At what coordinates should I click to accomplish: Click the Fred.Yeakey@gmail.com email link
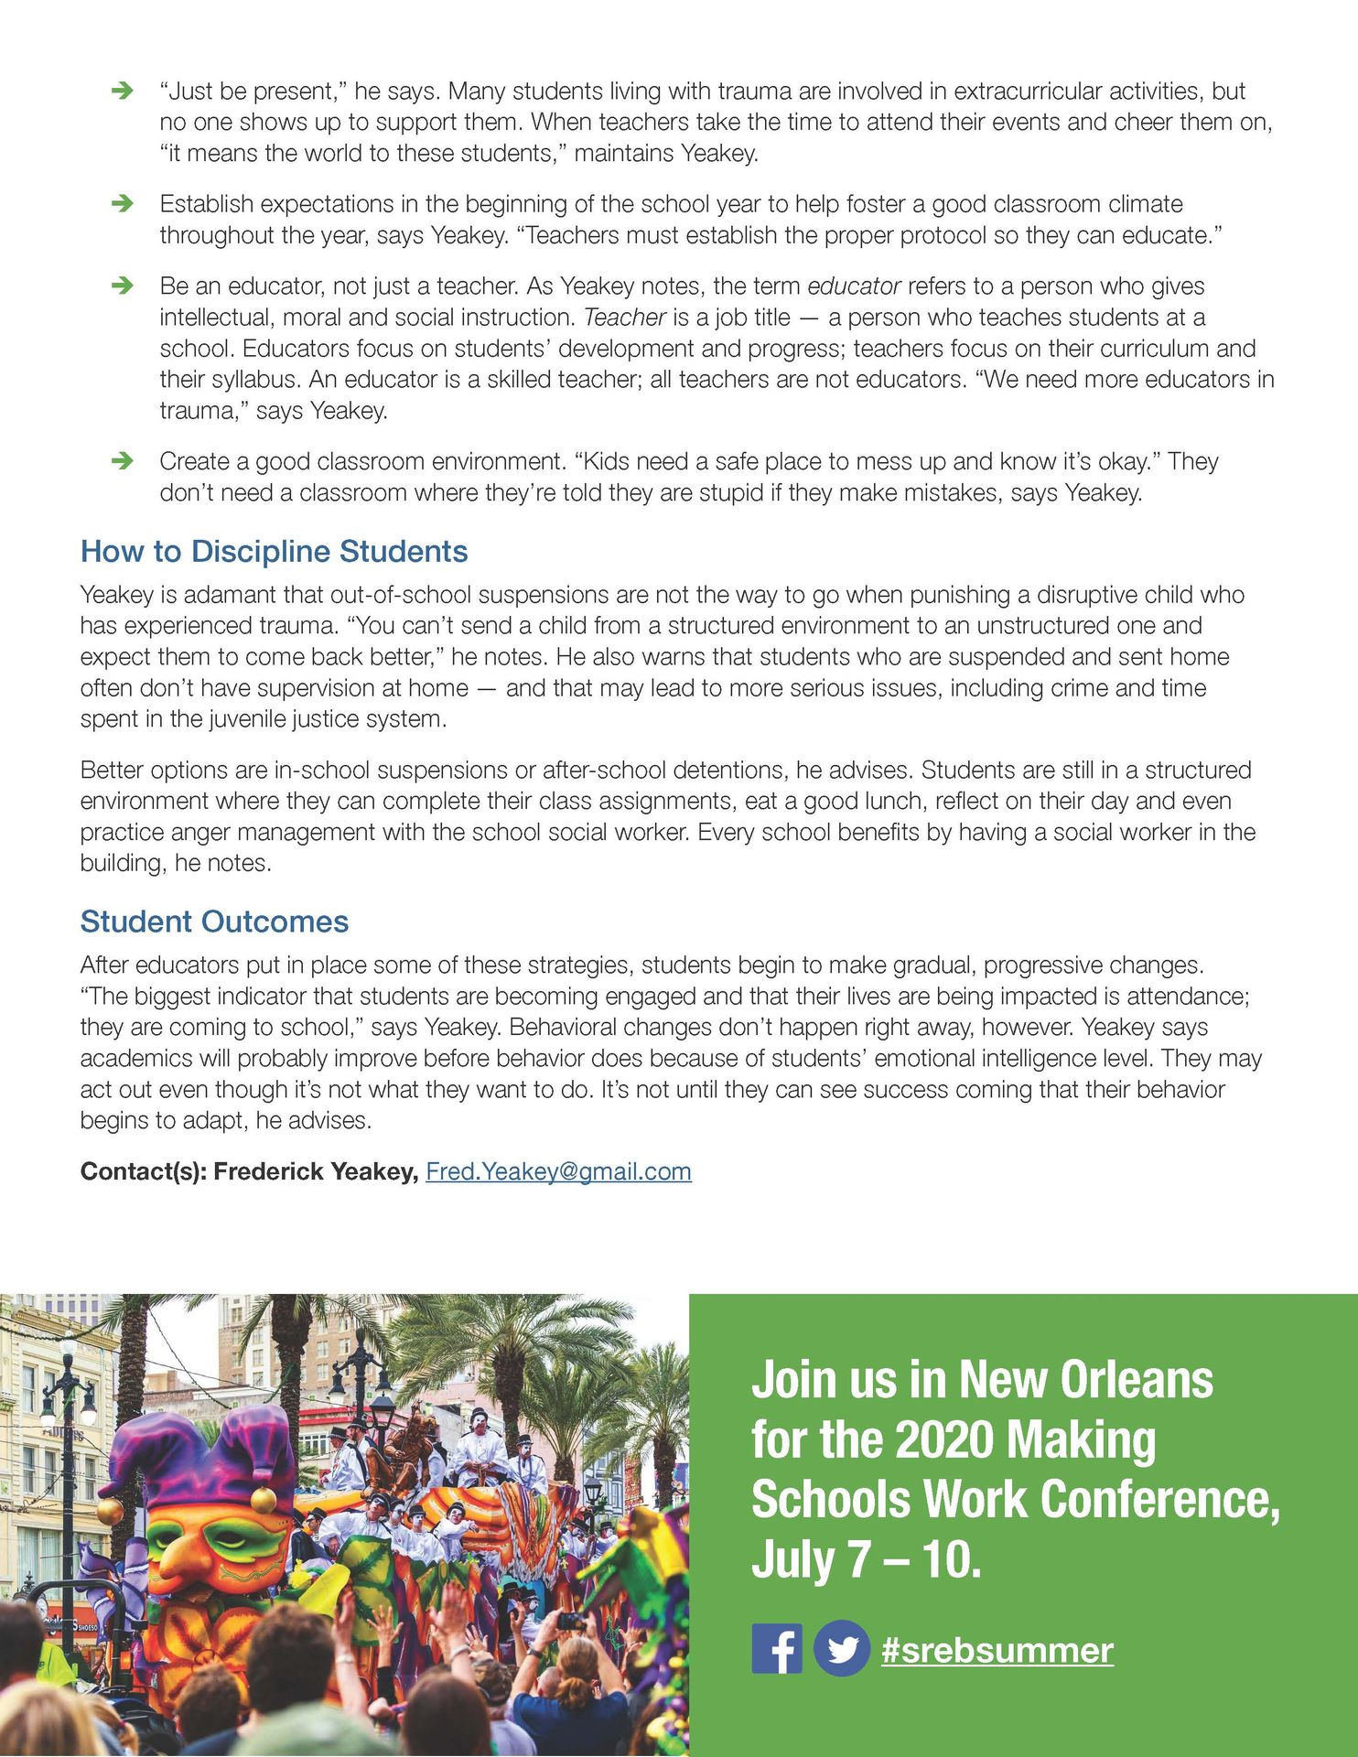(x=558, y=1171)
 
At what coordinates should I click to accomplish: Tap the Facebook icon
(x=777, y=1648)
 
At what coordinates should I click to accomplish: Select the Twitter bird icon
(x=842, y=1648)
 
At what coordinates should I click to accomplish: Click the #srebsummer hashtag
(x=997, y=1650)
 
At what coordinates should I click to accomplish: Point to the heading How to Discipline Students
(x=274, y=552)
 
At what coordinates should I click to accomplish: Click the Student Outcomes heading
(x=214, y=922)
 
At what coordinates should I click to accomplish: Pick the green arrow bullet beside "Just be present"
(x=122, y=91)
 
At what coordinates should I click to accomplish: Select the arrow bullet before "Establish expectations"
(x=122, y=203)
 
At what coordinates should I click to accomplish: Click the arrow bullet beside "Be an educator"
(x=122, y=286)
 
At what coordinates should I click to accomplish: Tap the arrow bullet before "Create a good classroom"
(x=122, y=460)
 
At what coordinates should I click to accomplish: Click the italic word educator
(x=854, y=286)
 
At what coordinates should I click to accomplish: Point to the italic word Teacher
(x=624, y=318)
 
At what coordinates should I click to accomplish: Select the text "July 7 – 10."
(x=866, y=1559)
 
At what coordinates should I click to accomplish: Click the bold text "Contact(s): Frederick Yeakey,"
(x=249, y=1171)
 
